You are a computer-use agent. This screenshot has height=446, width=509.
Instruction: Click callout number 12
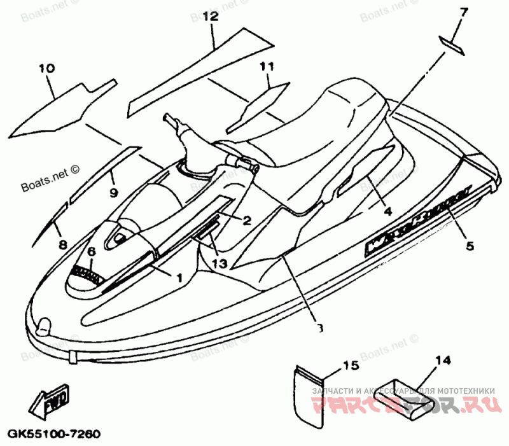pyautogui.click(x=211, y=17)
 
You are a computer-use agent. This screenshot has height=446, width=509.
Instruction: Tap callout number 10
pyautogui.click(x=46, y=68)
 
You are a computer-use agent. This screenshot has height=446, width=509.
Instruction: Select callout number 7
pyautogui.click(x=463, y=12)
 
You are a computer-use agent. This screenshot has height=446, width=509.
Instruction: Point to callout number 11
pyautogui.click(x=266, y=66)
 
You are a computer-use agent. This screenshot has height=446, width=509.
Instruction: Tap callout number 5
pyautogui.click(x=469, y=246)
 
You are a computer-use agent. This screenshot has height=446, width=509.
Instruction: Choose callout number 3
pyautogui.click(x=319, y=328)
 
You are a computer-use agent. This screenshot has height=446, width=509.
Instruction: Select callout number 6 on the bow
pyautogui.click(x=92, y=252)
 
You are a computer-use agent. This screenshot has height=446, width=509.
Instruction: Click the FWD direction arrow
pyautogui.click(x=51, y=399)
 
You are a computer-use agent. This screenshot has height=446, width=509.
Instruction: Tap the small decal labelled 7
pyautogui.click(x=450, y=42)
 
